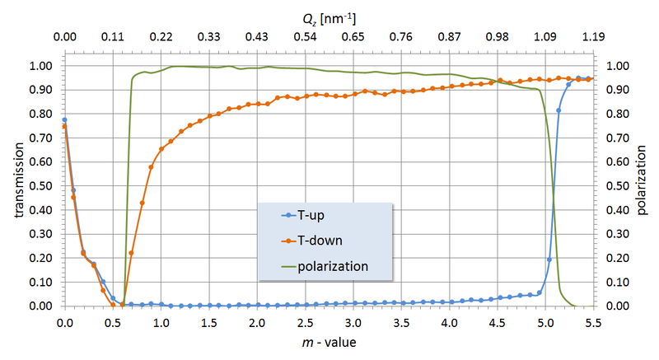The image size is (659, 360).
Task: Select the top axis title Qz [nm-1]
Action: point(329,16)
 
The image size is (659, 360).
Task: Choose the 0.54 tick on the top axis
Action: point(305,37)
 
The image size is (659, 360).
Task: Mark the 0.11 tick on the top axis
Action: point(112,37)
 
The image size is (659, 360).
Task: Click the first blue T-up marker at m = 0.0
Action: point(64,120)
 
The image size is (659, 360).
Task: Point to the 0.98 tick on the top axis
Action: point(498,37)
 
